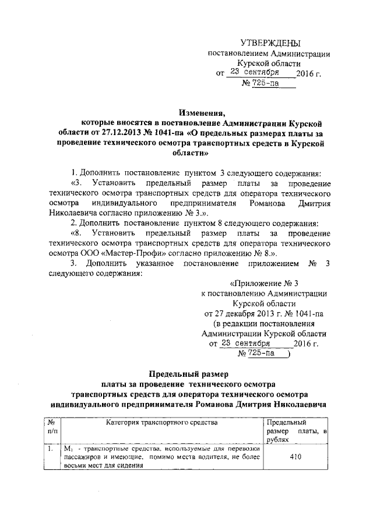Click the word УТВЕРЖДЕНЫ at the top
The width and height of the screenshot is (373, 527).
click(x=271, y=44)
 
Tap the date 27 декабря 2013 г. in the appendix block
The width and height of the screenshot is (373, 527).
click(x=233, y=313)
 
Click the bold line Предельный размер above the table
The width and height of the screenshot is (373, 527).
click(x=186, y=373)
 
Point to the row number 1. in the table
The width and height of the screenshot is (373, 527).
click(x=51, y=449)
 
